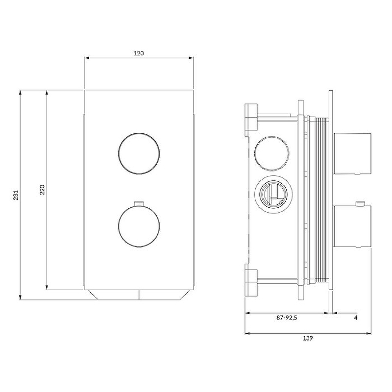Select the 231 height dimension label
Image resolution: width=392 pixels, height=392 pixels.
point(16,195)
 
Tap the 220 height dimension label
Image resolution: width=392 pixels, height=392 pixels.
point(42,190)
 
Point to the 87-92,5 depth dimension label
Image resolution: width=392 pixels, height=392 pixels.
point(287,318)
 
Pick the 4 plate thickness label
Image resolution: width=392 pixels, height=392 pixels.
point(355,318)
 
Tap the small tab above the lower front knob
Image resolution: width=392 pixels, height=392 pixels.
point(139,202)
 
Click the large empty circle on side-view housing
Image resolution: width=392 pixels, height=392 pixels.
point(270,151)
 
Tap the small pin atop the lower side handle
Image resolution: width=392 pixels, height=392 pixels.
point(361,203)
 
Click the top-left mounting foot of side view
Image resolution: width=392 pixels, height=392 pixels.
point(251,120)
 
